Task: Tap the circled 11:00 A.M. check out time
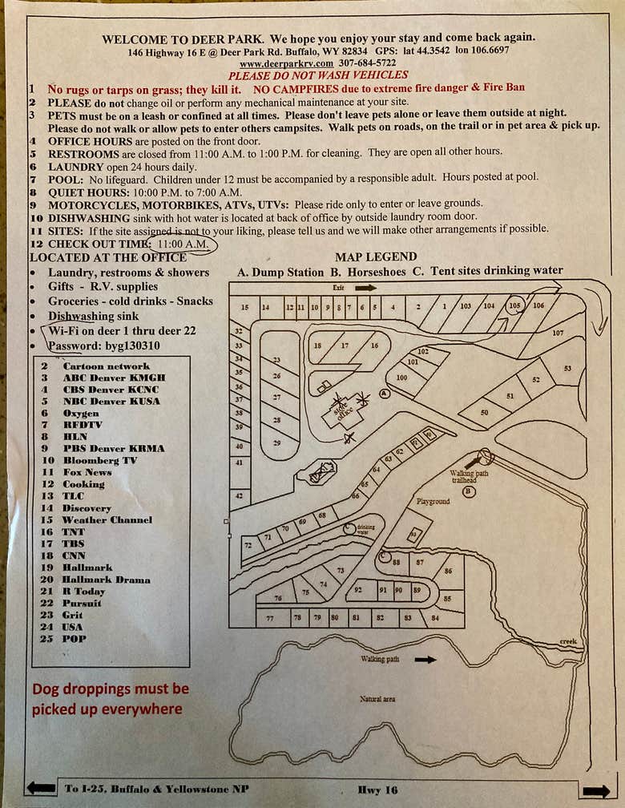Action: pyautogui.click(x=183, y=243)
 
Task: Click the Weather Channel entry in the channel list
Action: pyautogui.click(x=107, y=519)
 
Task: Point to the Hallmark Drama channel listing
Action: pyautogui.click(x=106, y=580)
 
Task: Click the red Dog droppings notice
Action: pyautogui.click(x=110, y=698)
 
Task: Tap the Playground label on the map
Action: pyautogui.click(x=433, y=501)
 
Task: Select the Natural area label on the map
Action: pyautogui.click(x=377, y=699)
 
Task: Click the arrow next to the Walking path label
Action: pyautogui.click(x=425, y=660)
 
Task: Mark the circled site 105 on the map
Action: pyautogui.click(x=515, y=305)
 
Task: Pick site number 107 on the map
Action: pyautogui.click(x=558, y=332)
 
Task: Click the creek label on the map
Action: pyautogui.click(x=568, y=641)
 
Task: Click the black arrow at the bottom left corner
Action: pyautogui.click(x=40, y=789)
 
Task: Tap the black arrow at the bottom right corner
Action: pyautogui.click(x=595, y=790)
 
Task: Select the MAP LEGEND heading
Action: pyautogui.click(x=376, y=257)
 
